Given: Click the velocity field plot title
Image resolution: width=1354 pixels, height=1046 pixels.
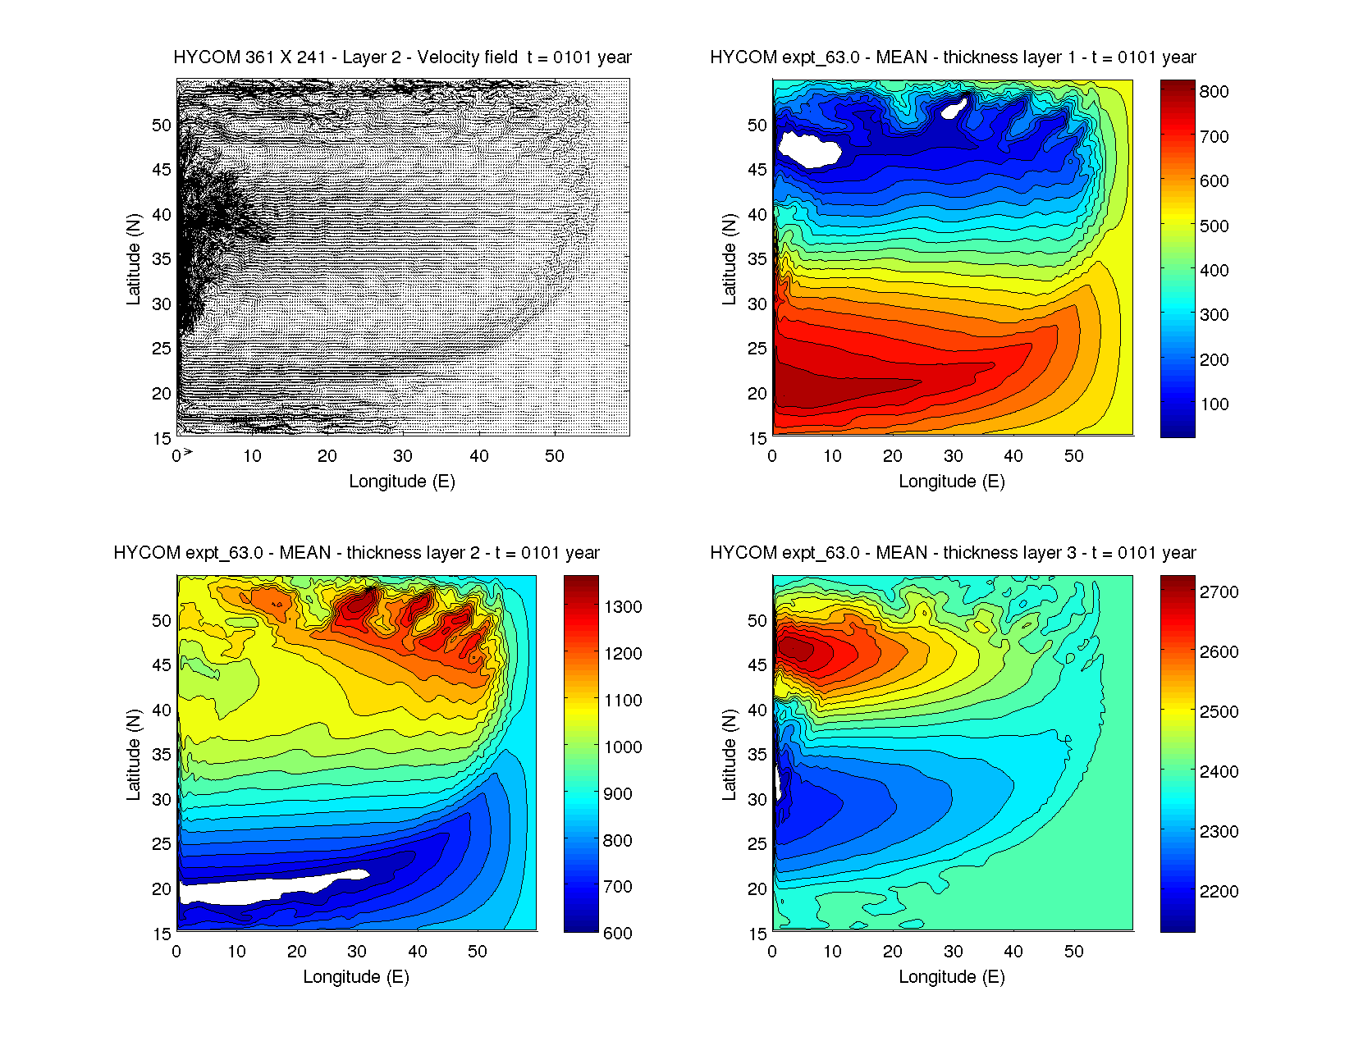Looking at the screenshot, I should tap(402, 57).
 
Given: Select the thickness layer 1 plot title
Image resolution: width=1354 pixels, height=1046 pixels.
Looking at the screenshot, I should tap(953, 57).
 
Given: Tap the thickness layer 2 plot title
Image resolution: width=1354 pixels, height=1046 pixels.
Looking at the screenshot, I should tap(356, 553).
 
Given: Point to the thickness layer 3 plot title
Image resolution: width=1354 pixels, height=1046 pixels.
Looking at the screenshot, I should tap(953, 553).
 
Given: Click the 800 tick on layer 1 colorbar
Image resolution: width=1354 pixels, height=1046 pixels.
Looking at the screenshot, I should tap(1214, 92).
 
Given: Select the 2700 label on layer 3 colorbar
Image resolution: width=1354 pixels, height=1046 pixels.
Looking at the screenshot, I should tap(1219, 592).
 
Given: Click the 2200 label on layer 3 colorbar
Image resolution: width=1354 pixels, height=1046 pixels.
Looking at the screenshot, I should tap(1219, 892).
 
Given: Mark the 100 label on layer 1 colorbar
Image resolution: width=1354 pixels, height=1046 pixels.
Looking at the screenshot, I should tap(1214, 404).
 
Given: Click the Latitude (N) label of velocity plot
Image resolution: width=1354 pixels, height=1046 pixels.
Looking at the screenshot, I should tap(133, 258).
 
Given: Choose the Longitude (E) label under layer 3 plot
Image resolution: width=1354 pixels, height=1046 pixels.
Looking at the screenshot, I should tap(952, 976).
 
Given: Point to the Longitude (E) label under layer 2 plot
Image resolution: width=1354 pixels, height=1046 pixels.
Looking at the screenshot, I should tap(356, 976).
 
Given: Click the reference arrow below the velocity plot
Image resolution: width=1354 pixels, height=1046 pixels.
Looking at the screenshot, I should tap(188, 452).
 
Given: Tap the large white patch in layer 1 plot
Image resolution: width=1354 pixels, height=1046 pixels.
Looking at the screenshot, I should tap(808, 149).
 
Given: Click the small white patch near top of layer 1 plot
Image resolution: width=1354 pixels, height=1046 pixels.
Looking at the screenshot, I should tap(954, 107).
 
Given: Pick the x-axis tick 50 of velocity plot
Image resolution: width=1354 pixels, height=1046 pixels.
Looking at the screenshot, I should tap(555, 456).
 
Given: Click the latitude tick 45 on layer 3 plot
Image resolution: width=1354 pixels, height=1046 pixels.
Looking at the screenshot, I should tap(757, 665).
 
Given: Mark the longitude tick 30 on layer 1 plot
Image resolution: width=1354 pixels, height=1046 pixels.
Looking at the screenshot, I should tap(953, 456).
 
